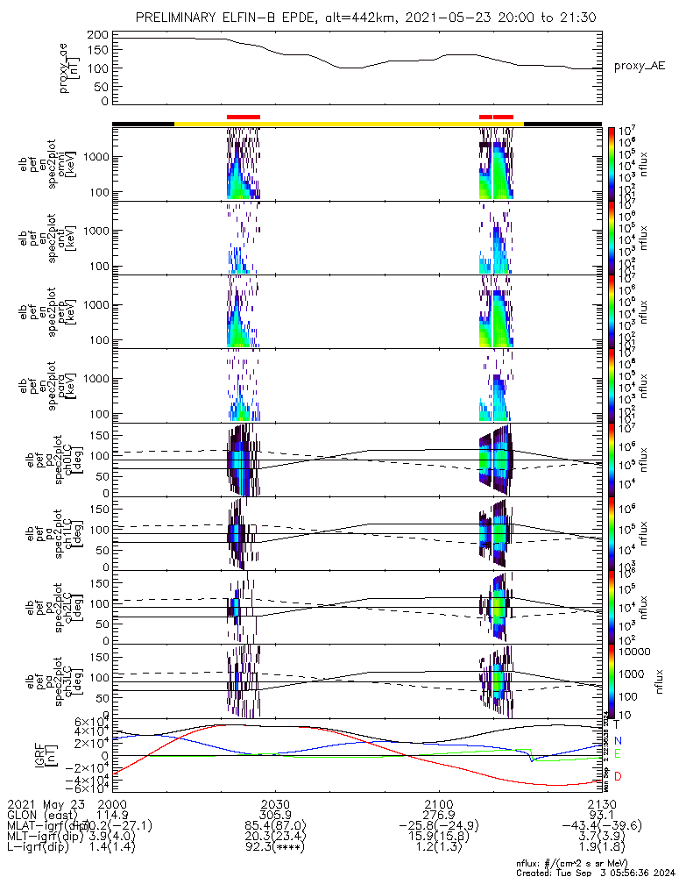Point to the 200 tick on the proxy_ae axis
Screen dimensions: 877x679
[x=98, y=34]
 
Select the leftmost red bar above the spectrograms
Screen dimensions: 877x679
[x=243, y=117]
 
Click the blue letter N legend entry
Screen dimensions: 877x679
[x=618, y=741]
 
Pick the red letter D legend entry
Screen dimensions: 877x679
[x=618, y=777]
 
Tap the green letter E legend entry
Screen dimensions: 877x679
[x=618, y=753]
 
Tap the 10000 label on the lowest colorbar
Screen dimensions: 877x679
[x=636, y=652]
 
